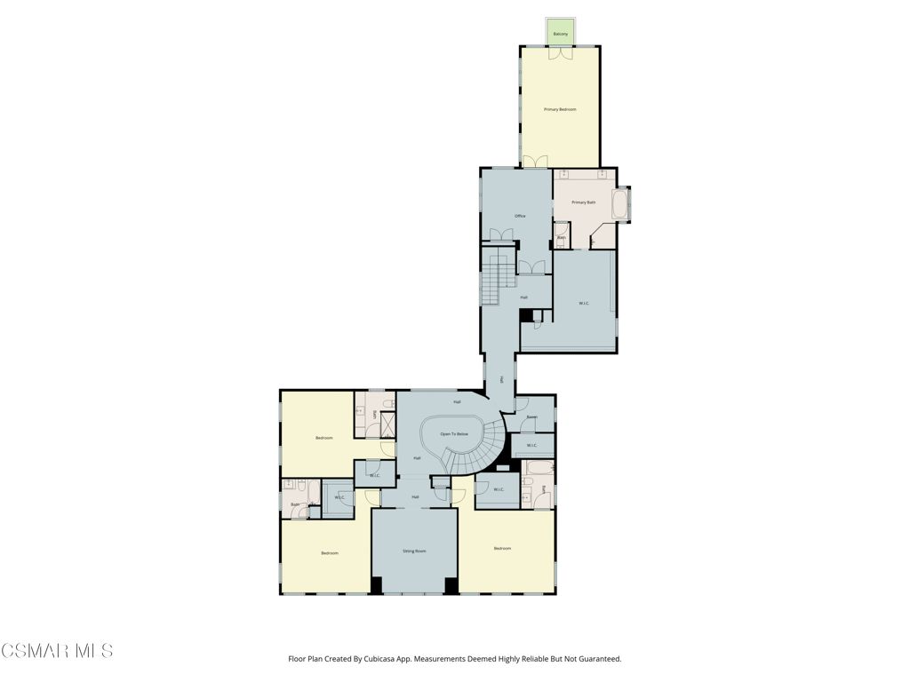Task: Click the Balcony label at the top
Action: (x=560, y=34)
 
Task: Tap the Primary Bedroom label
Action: (x=560, y=109)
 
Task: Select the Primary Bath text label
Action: (x=584, y=202)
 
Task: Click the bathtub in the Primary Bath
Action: (x=621, y=202)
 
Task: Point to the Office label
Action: (x=520, y=216)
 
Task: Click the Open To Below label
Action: (x=454, y=433)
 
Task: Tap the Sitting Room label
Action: (x=414, y=551)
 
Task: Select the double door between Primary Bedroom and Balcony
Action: (x=560, y=52)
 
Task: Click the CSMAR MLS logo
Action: (x=57, y=651)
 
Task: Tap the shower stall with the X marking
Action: (x=387, y=425)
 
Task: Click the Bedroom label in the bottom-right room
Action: (x=502, y=549)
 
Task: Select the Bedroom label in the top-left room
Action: (x=323, y=438)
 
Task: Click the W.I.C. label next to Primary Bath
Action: (x=584, y=304)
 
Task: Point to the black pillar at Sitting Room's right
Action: (x=451, y=585)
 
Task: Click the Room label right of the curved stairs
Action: (x=531, y=416)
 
